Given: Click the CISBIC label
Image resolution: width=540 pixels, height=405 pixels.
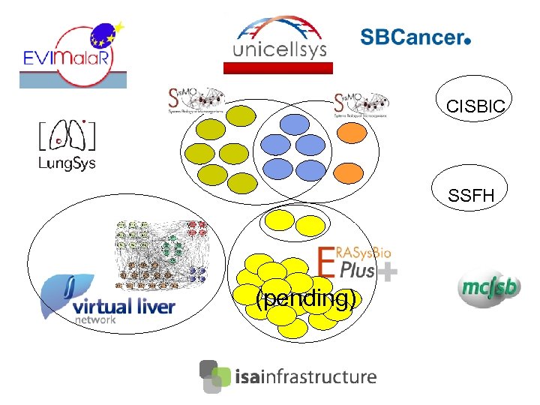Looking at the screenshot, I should pos(470,107).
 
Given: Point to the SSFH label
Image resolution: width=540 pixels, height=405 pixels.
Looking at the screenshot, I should pos(471,196).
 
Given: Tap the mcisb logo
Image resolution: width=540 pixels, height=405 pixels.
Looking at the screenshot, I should pos(488,287).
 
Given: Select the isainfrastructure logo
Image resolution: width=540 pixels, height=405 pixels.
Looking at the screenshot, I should pos(288,376).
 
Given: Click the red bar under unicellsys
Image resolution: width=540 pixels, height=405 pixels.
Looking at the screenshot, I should pos(278,67).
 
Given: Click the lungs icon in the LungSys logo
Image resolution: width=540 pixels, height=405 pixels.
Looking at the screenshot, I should pos(66,135).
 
